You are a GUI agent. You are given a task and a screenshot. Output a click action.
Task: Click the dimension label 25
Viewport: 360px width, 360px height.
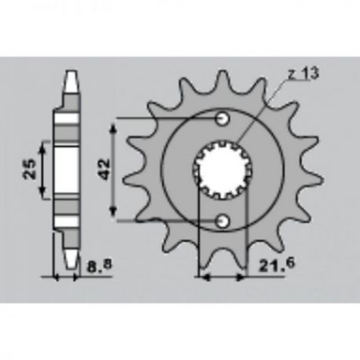30,169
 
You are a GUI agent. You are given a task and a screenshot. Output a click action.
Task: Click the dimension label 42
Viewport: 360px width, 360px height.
105,169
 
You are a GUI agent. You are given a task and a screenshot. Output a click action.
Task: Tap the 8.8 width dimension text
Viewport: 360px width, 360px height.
99,266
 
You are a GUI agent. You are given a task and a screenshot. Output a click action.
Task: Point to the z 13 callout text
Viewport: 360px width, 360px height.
303,73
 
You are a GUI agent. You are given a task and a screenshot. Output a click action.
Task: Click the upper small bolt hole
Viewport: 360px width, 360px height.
222,119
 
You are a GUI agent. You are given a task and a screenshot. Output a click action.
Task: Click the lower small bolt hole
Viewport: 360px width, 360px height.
222,222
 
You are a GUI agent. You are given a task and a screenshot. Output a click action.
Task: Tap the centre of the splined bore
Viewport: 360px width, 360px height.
222,171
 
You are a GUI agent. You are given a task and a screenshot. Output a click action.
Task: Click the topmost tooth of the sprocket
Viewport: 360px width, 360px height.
223,79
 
